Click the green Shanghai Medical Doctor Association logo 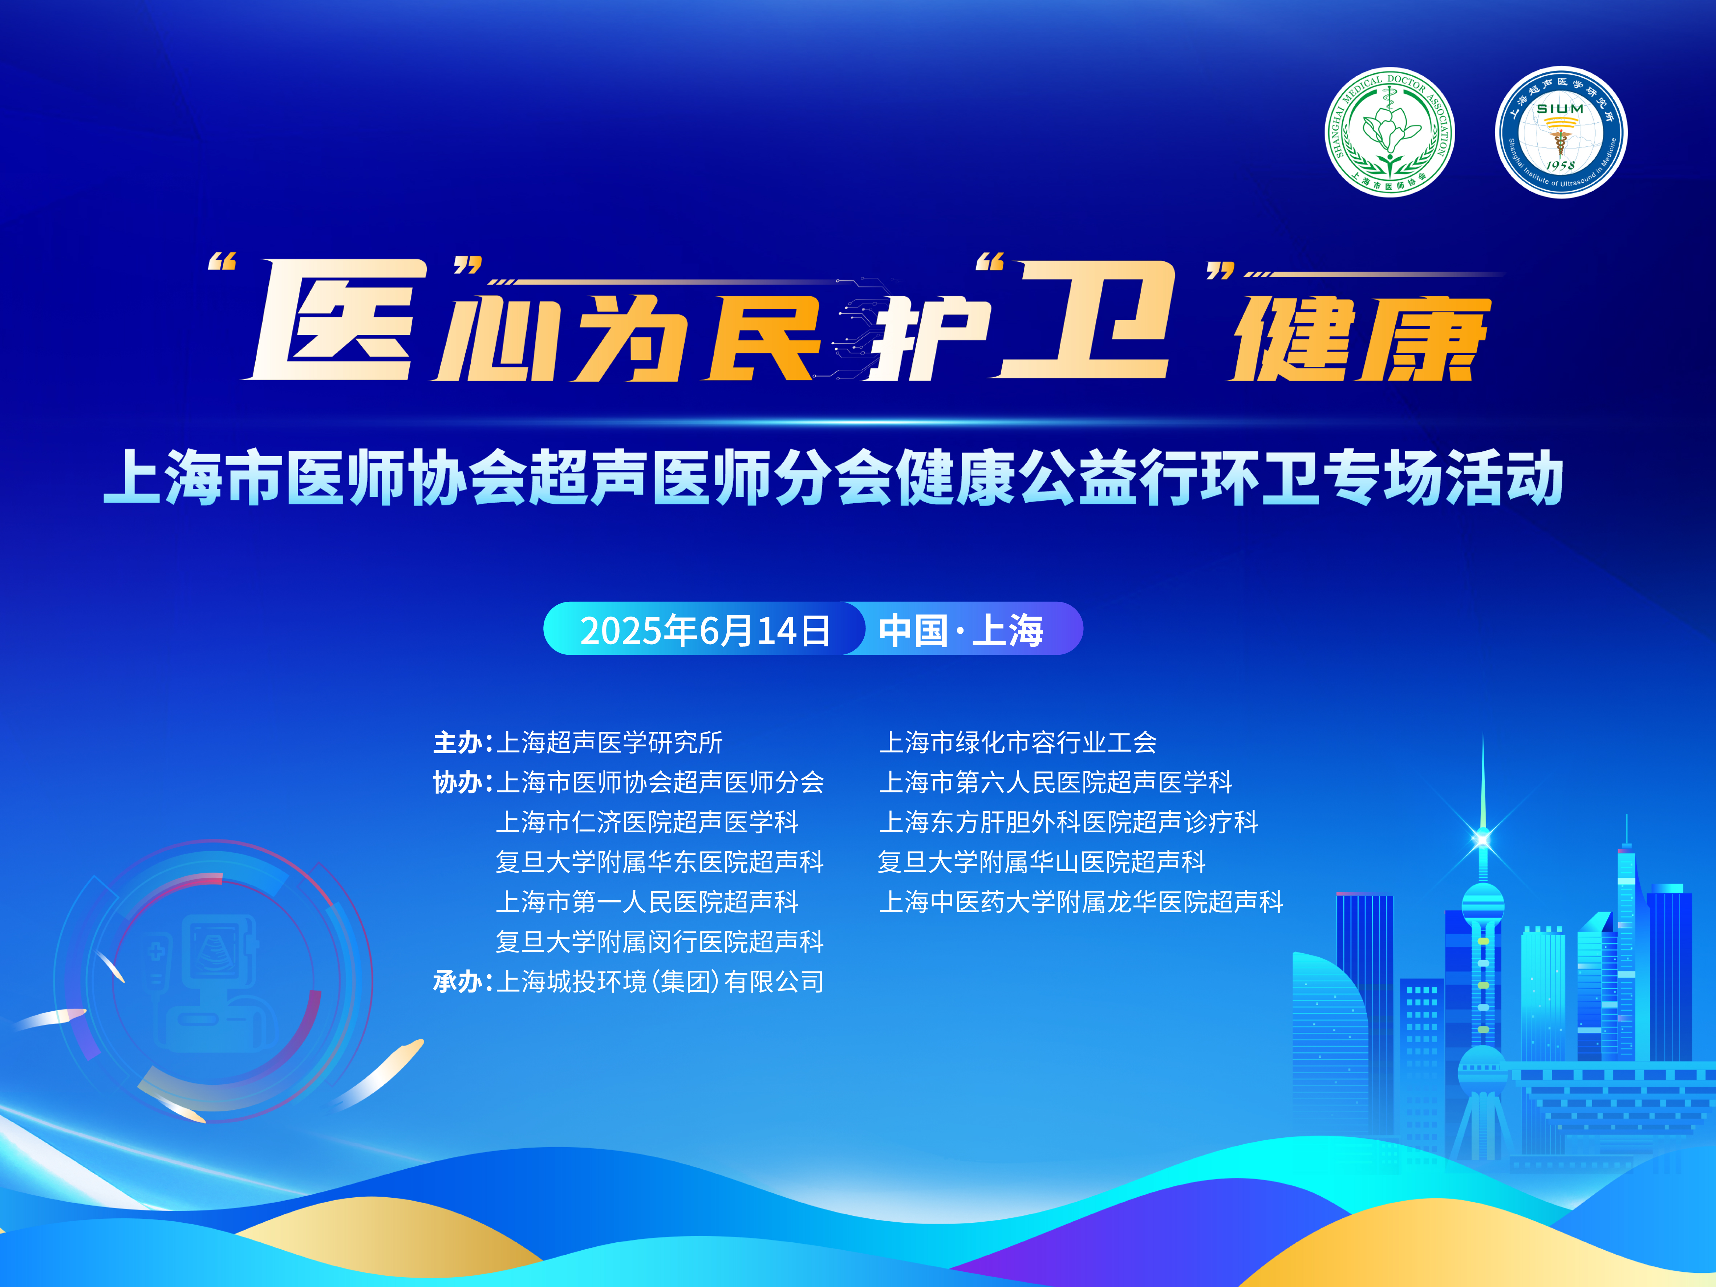pyautogui.click(x=1390, y=132)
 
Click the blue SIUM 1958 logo pyautogui.click(x=1561, y=132)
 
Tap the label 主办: pyautogui.click(x=462, y=742)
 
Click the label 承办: pyautogui.click(x=462, y=981)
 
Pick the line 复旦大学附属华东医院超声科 pyautogui.click(x=660, y=862)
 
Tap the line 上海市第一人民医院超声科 pyautogui.click(x=647, y=901)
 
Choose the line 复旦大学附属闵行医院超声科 pyautogui.click(x=660, y=942)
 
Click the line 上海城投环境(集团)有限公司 pyautogui.click(x=660, y=981)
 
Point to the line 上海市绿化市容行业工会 pyautogui.click(x=1018, y=742)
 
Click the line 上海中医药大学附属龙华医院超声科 pyautogui.click(x=1081, y=901)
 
